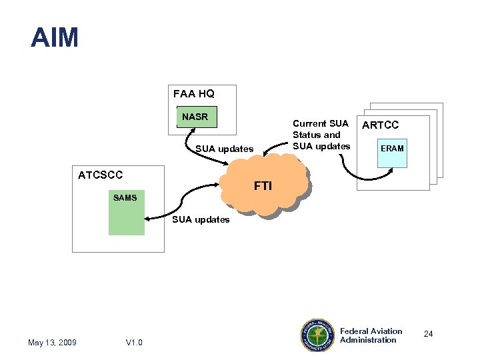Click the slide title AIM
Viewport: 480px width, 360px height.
(55, 37)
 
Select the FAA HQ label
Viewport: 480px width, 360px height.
(193, 94)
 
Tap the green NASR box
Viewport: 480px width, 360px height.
(195, 117)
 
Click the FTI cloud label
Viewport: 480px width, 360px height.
(263, 186)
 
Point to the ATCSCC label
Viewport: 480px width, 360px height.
(101, 175)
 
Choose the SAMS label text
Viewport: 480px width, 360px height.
(125, 197)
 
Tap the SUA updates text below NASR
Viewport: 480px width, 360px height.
(224, 149)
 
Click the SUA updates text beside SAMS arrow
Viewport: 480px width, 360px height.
(201, 219)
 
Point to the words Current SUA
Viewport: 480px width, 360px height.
(321, 123)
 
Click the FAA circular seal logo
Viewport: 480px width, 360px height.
(319, 335)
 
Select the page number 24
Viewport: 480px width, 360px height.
(428, 333)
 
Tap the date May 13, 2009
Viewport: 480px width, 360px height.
(52, 343)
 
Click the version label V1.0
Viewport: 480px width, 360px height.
(134, 343)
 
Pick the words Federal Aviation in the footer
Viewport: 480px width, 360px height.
(371, 331)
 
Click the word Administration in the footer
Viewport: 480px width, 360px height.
(368, 340)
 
